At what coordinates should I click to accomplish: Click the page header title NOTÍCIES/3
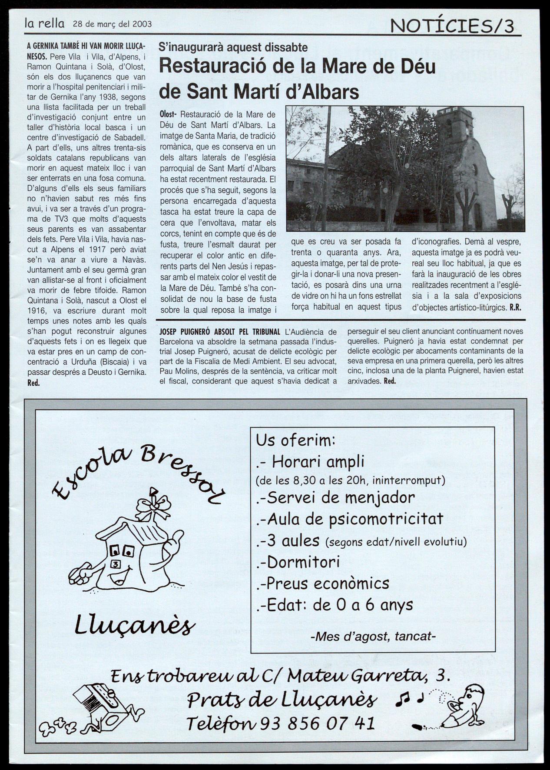[452, 26]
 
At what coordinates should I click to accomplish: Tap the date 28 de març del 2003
[112, 24]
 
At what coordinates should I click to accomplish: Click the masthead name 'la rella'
[44, 23]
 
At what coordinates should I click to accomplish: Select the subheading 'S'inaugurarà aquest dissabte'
[233, 47]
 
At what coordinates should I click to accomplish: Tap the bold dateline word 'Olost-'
[168, 115]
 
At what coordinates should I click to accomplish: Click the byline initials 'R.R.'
[515, 307]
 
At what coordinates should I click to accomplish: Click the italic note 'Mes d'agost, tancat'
[373, 637]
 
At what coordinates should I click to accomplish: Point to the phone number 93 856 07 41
[317, 723]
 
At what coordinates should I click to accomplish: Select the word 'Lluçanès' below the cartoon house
[135, 626]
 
